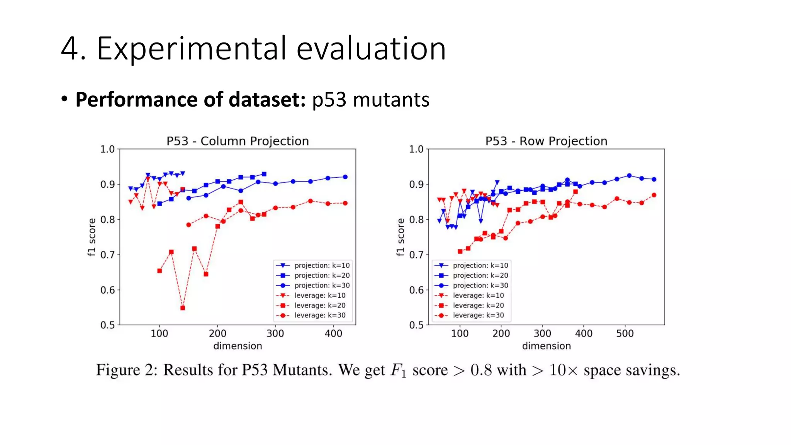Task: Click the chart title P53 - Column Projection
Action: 238,141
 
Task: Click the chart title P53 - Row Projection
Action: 546,141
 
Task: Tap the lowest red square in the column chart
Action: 183,308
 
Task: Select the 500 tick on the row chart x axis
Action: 625,333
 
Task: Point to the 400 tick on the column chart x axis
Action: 333,333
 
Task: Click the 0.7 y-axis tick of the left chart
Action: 107,255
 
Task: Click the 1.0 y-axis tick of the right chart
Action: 416,149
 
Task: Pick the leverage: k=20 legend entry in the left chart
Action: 320,305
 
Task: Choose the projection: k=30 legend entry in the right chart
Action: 480,285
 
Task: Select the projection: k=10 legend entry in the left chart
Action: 322,265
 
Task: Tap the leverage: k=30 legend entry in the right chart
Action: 478,315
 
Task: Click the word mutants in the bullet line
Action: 391,100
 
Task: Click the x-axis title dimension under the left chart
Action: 238,346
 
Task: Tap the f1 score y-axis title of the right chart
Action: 401,237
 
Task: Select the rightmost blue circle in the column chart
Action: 345,177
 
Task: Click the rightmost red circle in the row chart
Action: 654,195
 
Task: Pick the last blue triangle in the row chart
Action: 497,182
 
